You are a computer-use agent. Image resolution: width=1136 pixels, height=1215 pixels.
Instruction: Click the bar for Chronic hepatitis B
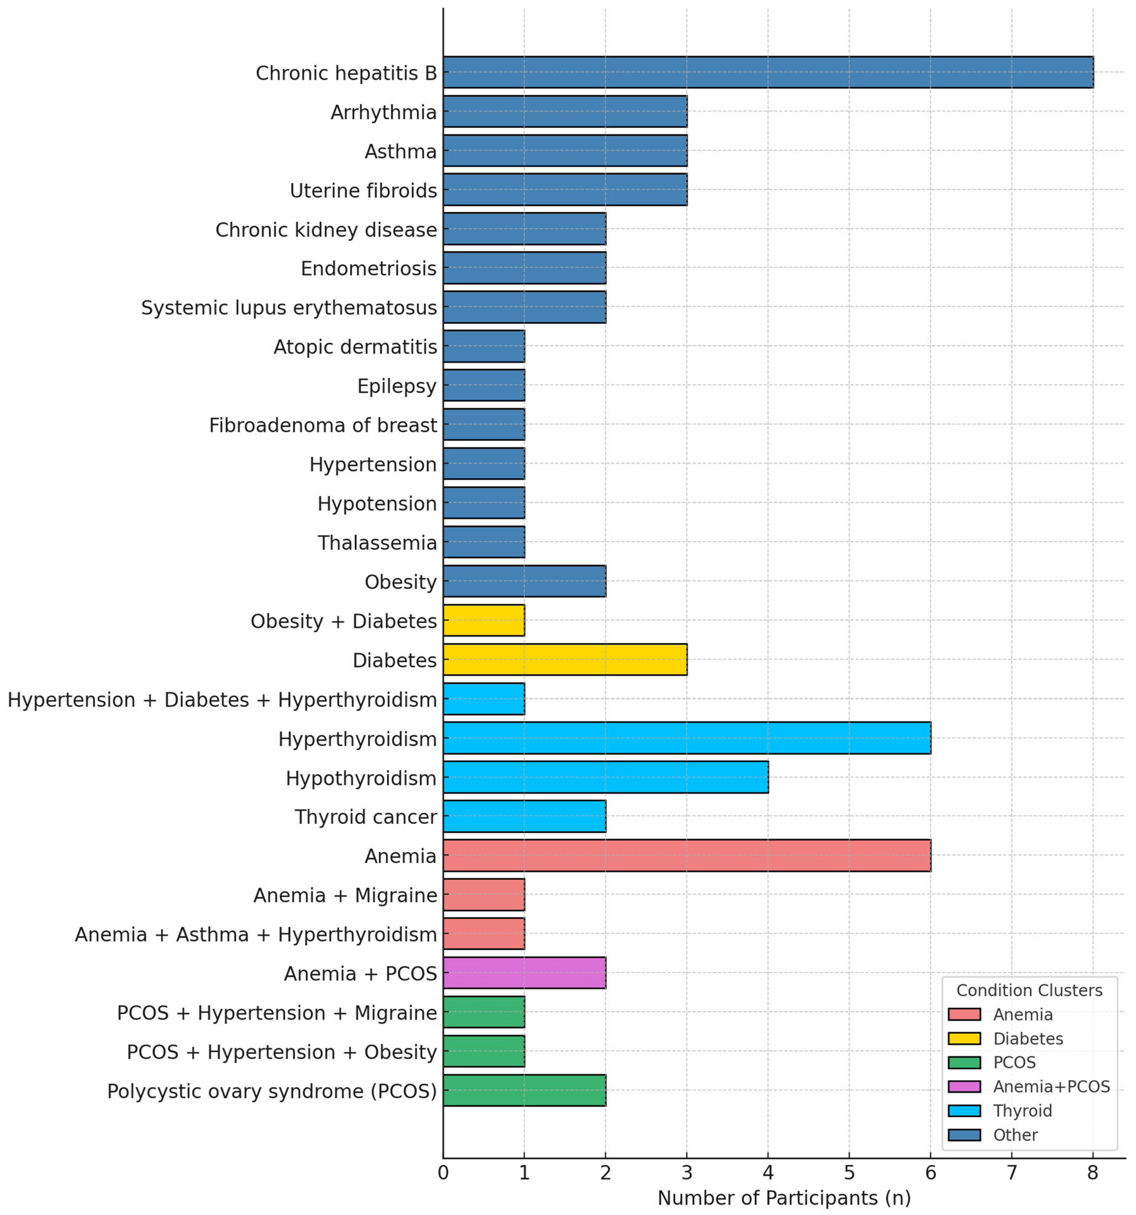pyautogui.click(x=768, y=72)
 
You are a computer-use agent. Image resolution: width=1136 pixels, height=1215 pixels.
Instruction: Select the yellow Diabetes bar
pyautogui.click(x=565, y=659)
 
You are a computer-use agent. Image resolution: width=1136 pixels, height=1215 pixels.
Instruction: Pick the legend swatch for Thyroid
pyautogui.click(x=964, y=1110)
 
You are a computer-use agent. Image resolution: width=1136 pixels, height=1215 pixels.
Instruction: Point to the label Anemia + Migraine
pyautogui.click(x=345, y=895)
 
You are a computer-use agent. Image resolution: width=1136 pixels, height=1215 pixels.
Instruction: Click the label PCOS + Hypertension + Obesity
pyautogui.click(x=282, y=1052)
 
